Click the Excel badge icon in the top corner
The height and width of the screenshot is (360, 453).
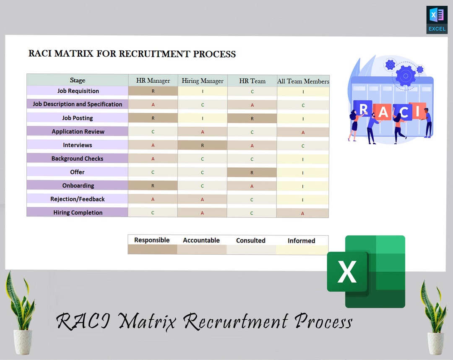click(437, 20)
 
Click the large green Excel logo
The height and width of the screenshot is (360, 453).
click(366, 271)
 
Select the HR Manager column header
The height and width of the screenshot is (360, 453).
click(153, 81)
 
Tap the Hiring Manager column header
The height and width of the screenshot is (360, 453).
click(203, 81)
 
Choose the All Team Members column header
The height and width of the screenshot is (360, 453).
click(303, 81)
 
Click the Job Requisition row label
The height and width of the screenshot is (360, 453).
click(78, 91)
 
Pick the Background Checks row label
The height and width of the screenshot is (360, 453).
click(77, 159)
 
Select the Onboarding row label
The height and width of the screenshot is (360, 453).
click(78, 185)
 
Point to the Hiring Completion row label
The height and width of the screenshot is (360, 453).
click(78, 213)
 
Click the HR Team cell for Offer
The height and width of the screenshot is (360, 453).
click(252, 172)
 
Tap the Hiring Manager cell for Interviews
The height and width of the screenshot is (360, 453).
click(202, 146)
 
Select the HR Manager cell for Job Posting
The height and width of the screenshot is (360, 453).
click(153, 118)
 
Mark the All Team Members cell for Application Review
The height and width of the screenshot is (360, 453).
click(303, 132)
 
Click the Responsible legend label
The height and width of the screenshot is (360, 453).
click(152, 240)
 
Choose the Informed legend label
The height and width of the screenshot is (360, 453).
click(301, 240)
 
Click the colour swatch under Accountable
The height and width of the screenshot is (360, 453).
click(202, 250)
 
